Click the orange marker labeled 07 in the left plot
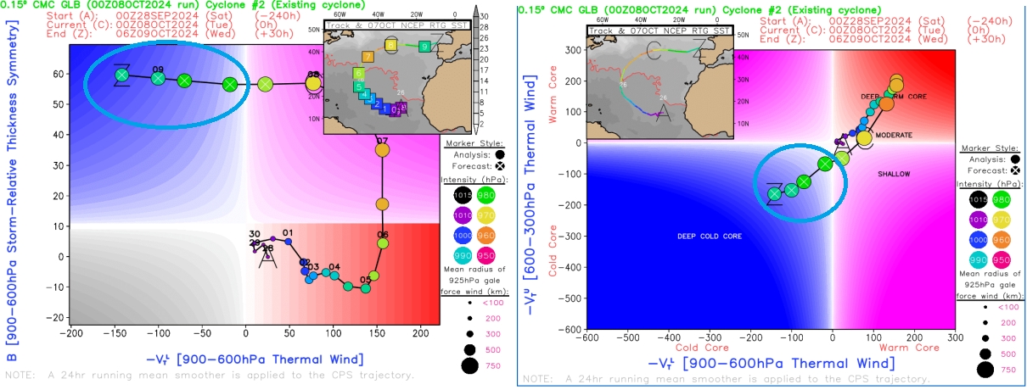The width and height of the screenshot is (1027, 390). coord(381,150)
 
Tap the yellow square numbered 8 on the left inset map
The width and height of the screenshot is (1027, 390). coord(391,45)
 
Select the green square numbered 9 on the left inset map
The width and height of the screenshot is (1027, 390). coord(424,47)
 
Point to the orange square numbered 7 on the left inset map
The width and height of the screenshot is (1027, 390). coord(368,57)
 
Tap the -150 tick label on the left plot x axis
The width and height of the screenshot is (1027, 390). coord(113,333)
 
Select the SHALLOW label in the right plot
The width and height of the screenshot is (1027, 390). coord(893,175)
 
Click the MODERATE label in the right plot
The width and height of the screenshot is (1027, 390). coord(893,136)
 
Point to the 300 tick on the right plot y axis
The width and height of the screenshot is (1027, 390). coord(573,50)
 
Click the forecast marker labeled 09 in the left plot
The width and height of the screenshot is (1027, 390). coord(158,79)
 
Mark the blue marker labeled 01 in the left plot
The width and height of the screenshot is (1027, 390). coord(288,242)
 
